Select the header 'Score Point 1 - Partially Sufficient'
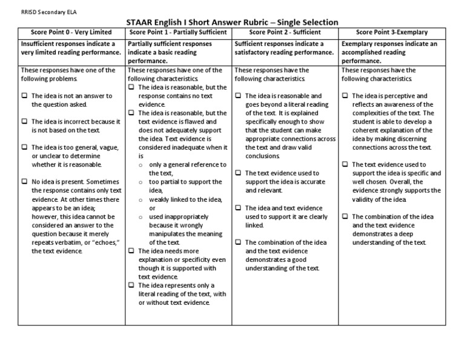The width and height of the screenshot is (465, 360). point(179,32)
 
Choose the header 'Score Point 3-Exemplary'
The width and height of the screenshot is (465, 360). point(392,32)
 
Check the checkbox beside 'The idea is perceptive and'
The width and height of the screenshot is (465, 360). point(345,96)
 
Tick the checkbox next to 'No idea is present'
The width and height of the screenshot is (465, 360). point(24,182)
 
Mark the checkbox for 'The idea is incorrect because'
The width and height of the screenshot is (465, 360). point(24,122)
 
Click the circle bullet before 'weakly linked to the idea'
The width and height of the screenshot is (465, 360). point(142,199)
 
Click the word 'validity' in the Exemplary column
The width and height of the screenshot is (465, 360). point(365,199)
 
